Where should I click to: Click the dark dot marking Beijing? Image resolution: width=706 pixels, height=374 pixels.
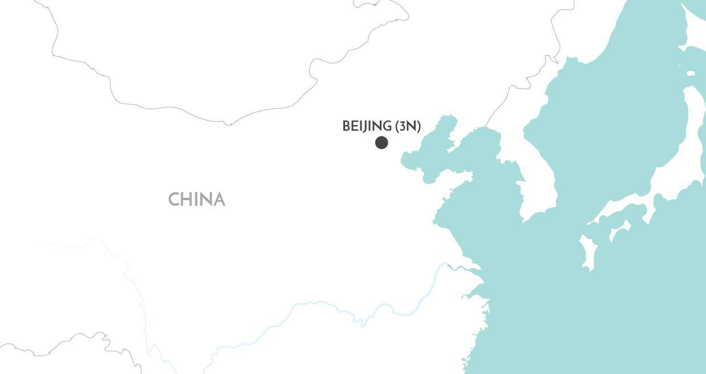tap(381, 143)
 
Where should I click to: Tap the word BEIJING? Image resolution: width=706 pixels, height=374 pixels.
tap(367, 126)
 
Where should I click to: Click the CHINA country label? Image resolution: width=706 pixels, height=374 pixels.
tap(196, 200)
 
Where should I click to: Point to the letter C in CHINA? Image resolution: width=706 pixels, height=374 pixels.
tap(174, 200)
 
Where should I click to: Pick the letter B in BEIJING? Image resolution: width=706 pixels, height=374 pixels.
tap(346, 126)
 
